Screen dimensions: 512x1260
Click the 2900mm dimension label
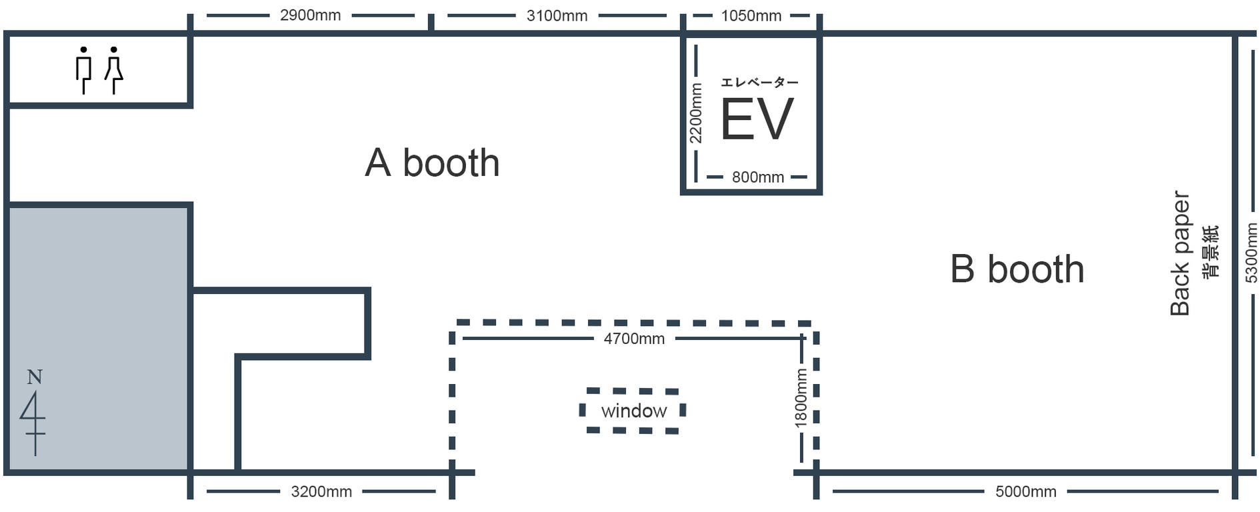[310, 15]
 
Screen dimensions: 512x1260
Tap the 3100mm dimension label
[557, 15]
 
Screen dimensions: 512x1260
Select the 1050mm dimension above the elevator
[751, 15]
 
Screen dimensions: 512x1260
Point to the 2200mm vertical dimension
[695, 113]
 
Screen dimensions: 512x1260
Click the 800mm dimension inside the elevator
[757, 177]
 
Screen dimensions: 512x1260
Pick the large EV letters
[757, 119]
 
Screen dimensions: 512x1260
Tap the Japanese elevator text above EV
[759, 83]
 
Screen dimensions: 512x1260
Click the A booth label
[432, 163]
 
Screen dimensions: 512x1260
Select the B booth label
[1017, 269]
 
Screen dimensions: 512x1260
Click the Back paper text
[1180, 253]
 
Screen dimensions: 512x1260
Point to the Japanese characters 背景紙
[1210, 251]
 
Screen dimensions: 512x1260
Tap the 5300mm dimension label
[1251, 253]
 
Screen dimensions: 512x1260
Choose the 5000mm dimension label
[1025, 492]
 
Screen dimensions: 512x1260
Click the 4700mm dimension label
[634, 339]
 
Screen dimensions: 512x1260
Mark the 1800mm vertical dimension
[801, 398]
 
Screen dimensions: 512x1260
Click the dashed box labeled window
[633, 411]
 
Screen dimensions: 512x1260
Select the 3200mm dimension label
[321, 492]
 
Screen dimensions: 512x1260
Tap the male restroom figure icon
[83, 70]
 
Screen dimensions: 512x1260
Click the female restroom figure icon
[114, 70]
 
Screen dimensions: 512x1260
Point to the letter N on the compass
[35, 377]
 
